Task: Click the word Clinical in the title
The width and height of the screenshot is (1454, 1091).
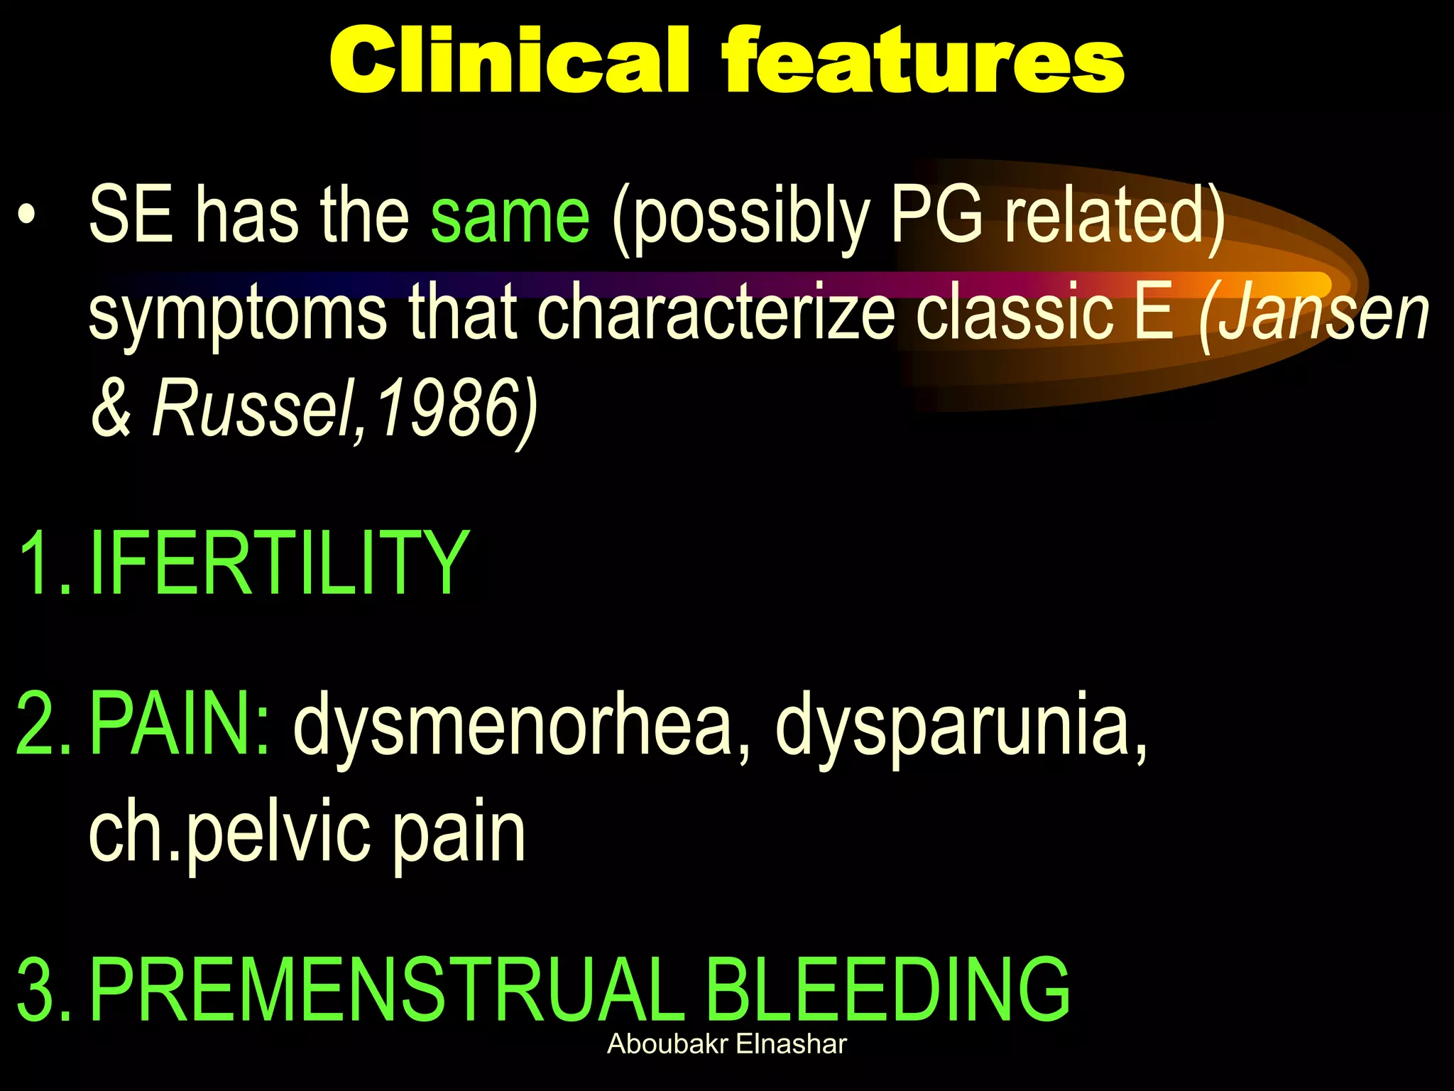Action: click(x=509, y=60)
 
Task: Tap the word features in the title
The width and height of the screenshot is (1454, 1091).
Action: click(x=923, y=60)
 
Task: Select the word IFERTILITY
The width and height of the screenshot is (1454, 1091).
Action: click(x=280, y=563)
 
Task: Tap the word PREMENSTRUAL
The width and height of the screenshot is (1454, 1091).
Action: click(x=383, y=989)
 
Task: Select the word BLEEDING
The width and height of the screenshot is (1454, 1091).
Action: click(x=887, y=989)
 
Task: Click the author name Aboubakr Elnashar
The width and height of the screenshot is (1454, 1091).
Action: click(x=727, y=1044)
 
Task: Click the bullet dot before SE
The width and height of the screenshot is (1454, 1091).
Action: click(x=27, y=215)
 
